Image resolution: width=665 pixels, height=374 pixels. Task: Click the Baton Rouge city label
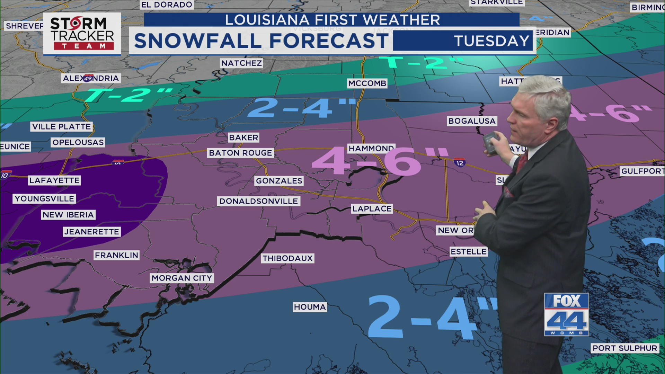[240, 153]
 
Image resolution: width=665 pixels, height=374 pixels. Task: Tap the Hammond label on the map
[371, 149]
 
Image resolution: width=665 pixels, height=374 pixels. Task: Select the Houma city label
[310, 307]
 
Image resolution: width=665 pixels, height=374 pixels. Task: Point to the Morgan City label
[181, 278]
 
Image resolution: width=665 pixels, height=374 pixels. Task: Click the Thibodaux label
[287, 258]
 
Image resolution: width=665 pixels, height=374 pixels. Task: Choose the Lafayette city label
[54, 180]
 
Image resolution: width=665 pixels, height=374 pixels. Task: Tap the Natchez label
[241, 63]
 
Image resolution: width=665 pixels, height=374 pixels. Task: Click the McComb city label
[367, 83]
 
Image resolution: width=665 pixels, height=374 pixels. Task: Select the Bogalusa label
[472, 121]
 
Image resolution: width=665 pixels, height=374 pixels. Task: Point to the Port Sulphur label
[625, 348]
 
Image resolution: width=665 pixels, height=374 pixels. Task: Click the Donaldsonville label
[258, 201]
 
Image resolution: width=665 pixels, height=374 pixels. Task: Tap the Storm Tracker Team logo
[82, 34]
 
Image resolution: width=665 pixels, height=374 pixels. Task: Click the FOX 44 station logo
[566, 314]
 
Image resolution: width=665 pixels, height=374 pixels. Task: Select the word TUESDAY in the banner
[492, 41]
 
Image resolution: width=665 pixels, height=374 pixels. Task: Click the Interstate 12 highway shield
[460, 162]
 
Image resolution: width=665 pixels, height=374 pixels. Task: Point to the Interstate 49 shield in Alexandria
[88, 78]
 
